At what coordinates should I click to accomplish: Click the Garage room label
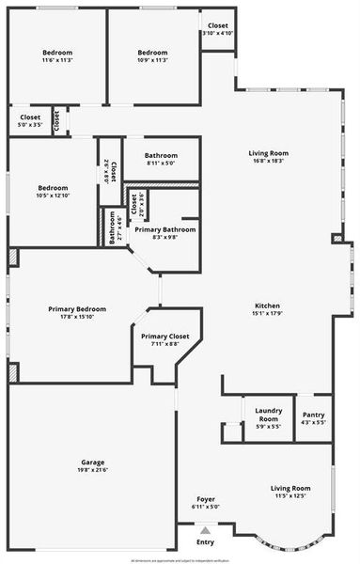pos(92,462)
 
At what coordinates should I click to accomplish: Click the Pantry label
pos(312,415)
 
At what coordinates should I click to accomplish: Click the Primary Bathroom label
pos(165,229)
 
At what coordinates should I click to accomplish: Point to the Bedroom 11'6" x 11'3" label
pos(57,52)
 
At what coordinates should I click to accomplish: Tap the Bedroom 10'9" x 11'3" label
pos(152,52)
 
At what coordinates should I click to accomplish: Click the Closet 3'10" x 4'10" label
pos(217,25)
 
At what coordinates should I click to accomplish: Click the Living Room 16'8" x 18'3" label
pos(268,153)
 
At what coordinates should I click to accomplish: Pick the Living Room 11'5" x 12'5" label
pos(290,488)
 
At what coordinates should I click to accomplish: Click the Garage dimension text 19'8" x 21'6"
pos(92,470)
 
